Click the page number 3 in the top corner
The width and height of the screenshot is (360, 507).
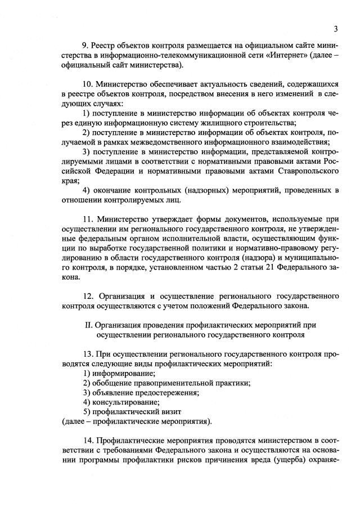[335, 29]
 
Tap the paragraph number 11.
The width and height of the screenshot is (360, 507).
[87, 219]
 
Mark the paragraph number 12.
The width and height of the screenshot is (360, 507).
[87, 296]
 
